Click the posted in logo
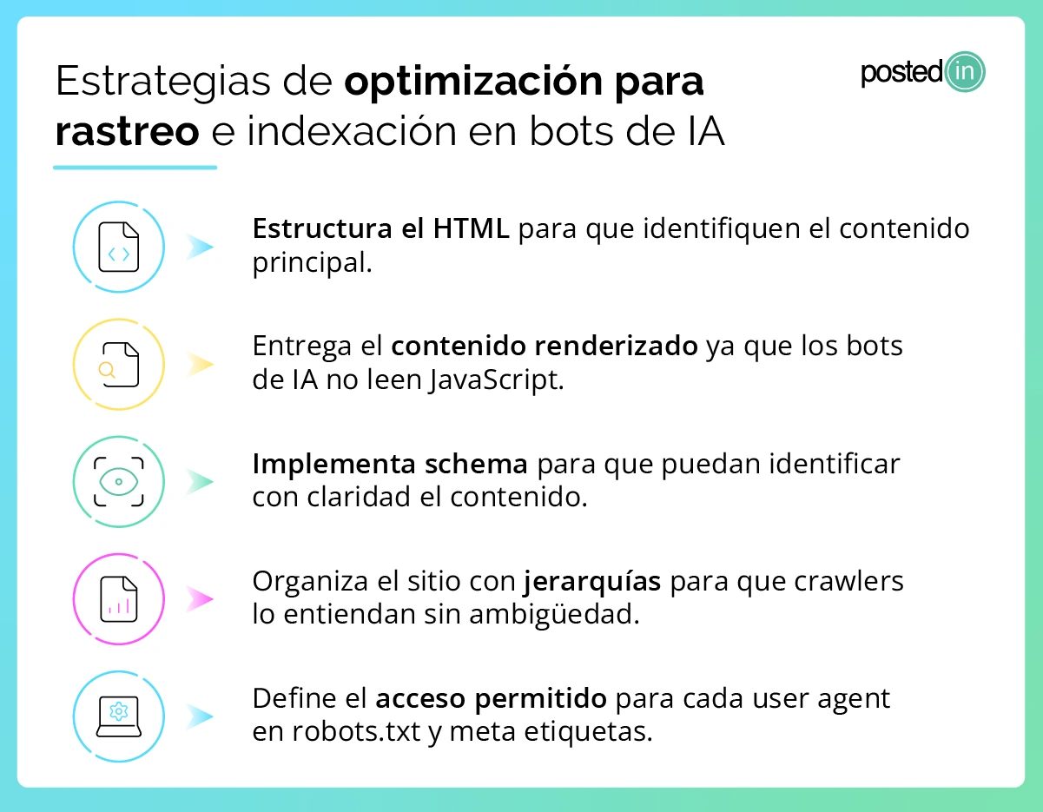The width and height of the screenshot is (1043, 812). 922,73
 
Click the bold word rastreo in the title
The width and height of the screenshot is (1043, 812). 127,131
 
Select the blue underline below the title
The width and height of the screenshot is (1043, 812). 135,167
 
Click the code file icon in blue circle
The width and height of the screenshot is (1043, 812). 119,248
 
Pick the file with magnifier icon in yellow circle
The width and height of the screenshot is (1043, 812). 119,365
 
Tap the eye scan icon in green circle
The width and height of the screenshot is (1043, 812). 119,481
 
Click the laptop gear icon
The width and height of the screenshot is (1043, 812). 119,716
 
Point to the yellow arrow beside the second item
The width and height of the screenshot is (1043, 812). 201,365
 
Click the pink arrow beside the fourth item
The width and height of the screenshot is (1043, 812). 201,598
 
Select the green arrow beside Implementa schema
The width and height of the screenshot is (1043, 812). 201,481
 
